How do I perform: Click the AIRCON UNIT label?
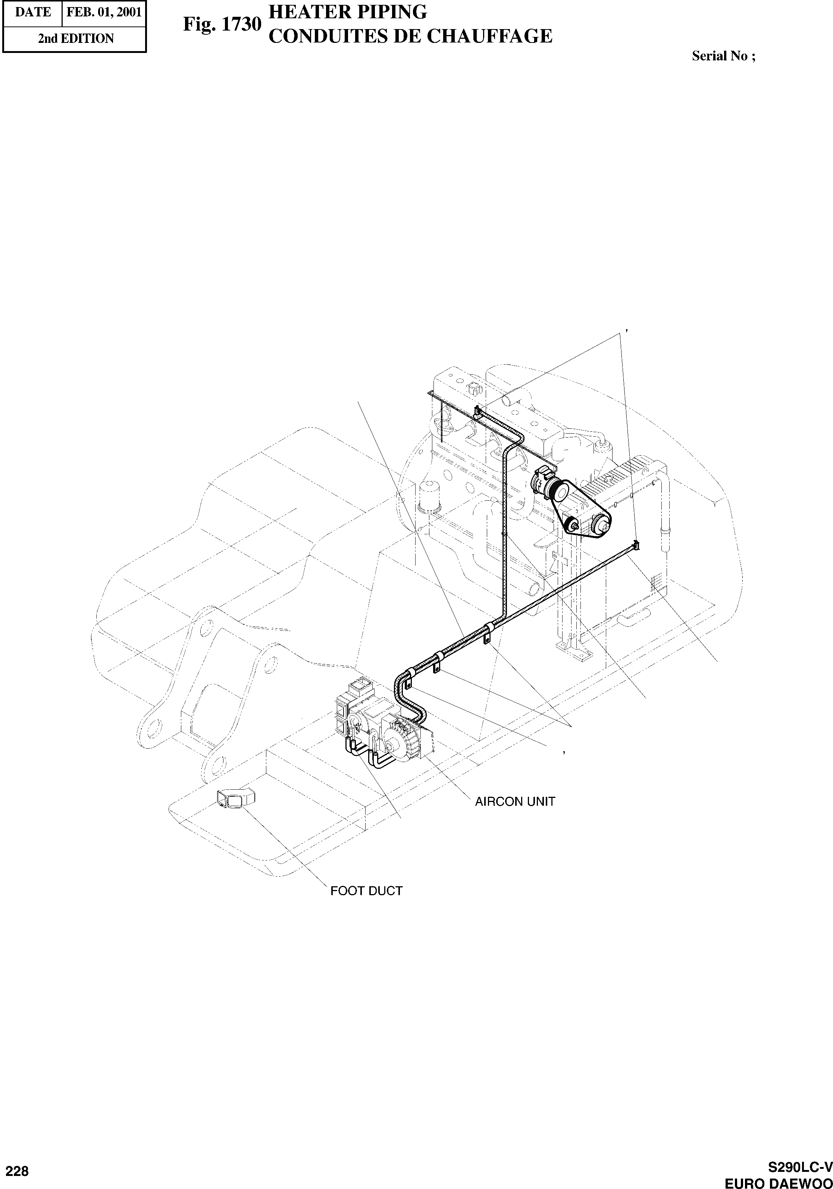(x=515, y=801)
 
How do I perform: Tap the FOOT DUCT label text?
(x=366, y=891)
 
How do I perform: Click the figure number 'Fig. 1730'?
(x=222, y=24)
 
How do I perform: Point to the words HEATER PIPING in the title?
(x=348, y=12)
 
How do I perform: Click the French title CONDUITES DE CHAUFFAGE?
(x=411, y=36)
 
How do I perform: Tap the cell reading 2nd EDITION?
(x=76, y=38)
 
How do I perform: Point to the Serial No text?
(x=723, y=56)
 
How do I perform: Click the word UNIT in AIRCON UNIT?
(x=541, y=801)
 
